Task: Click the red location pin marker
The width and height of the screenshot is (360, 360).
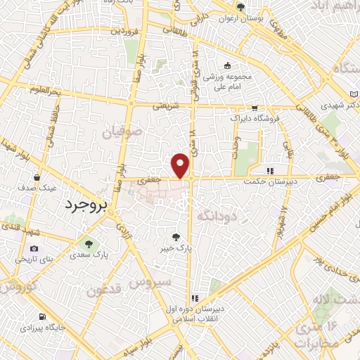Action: pyautogui.click(x=181, y=165)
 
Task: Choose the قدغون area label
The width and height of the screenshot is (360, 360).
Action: pyautogui.click(x=105, y=288)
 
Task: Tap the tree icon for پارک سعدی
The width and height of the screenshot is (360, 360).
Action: pyautogui.click(x=88, y=244)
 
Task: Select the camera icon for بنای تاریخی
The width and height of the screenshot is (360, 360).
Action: pyautogui.click(x=34, y=249)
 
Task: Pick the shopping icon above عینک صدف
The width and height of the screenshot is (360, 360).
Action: pyautogui.click(x=35, y=177)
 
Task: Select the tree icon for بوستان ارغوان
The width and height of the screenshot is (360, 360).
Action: pyautogui.click(x=241, y=8)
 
